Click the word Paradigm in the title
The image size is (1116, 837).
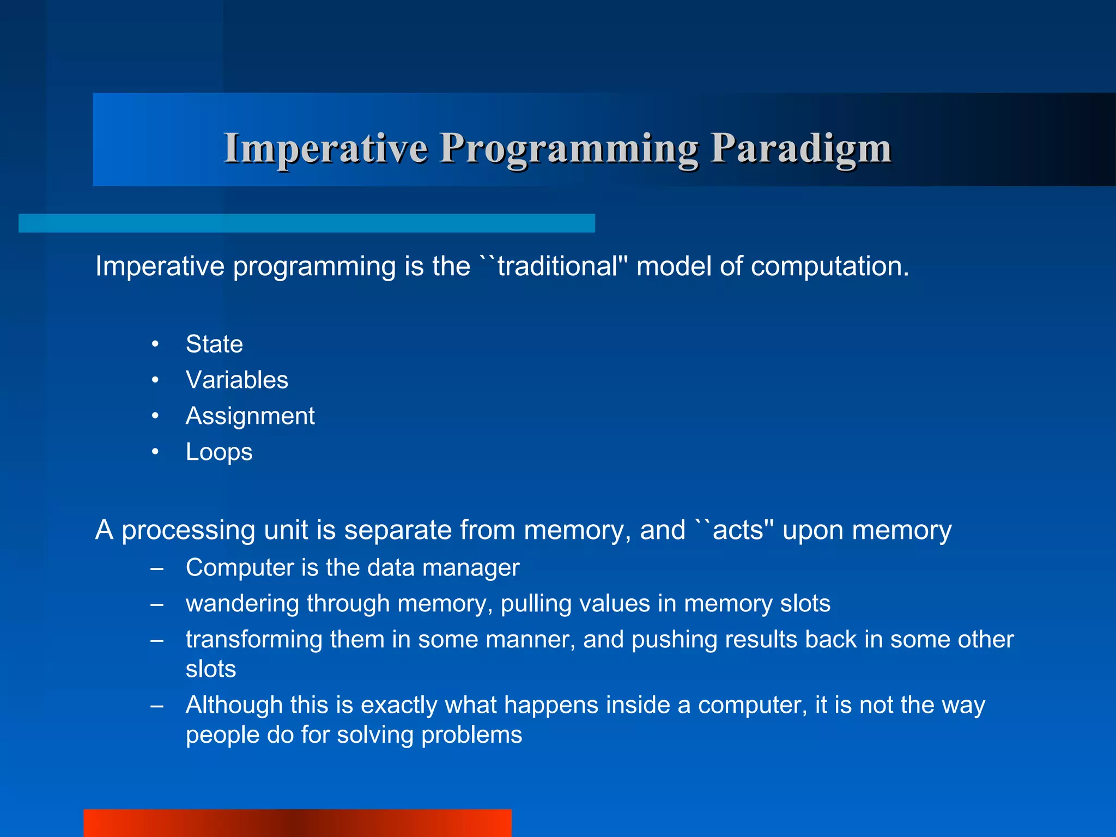[800, 148]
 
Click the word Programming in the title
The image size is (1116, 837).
[569, 148]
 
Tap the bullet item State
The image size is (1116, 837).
[214, 344]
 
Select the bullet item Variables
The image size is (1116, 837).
[236, 380]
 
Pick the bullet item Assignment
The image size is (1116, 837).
[250, 416]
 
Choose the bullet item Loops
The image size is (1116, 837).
[219, 452]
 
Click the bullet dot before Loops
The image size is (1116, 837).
[155, 452]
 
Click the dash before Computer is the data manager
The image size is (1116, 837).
[157, 568]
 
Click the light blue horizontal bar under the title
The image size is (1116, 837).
[306, 223]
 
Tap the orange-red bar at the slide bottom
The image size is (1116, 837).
[297, 823]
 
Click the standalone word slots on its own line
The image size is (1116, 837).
[210, 669]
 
